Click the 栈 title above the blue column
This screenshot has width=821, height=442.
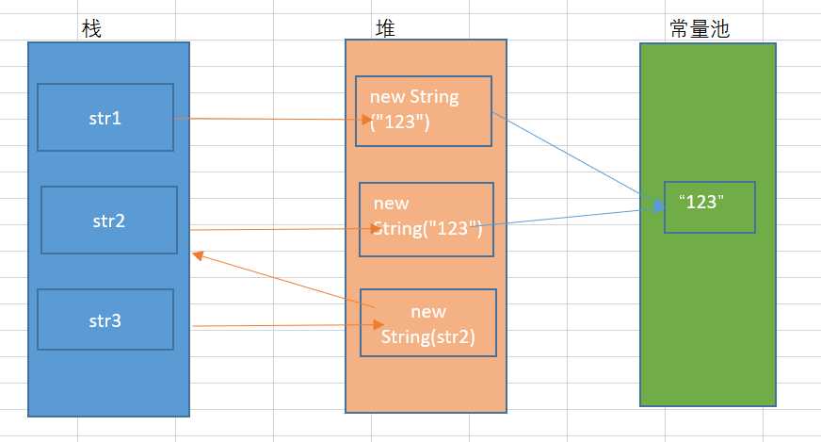[91, 29]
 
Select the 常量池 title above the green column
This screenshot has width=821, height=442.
[695, 29]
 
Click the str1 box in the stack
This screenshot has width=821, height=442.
[105, 117]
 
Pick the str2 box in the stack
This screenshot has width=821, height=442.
[109, 221]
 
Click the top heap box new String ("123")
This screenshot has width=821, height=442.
[424, 111]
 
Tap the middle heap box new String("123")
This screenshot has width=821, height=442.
[427, 219]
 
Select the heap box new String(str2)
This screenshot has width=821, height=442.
[428, 323]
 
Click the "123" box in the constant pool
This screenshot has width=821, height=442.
[709, 206]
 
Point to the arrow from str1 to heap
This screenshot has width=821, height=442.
[273, 119]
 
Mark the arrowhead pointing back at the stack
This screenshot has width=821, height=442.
[197, 254]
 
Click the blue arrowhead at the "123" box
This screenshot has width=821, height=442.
[656, 206]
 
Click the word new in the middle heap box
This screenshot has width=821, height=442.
[391, 204]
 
